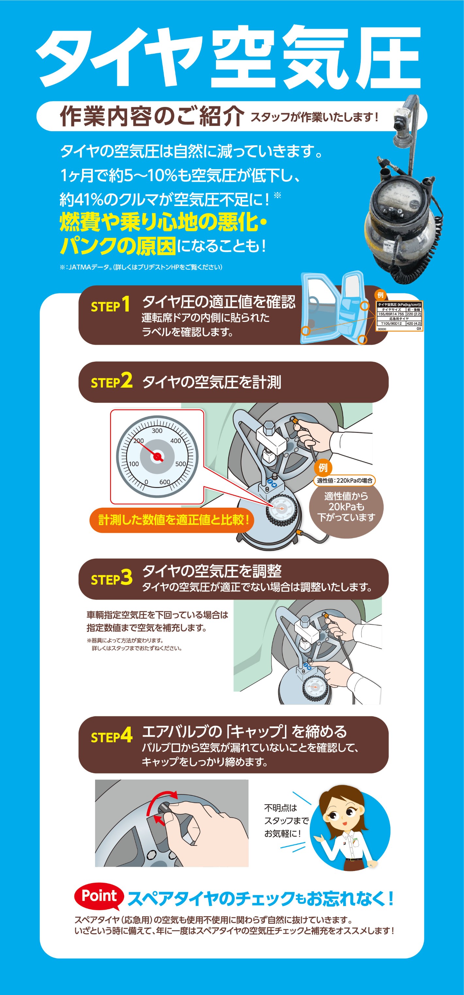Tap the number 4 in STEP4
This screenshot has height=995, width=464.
pyautogui.click(x=126, y=735)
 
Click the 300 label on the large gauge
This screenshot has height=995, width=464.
pyautogui.click(x=157, y=431)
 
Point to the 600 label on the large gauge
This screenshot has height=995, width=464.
pyautogui.click(x=164, y=482)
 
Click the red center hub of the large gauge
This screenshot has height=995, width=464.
pyautogui.click(x=157, y=457)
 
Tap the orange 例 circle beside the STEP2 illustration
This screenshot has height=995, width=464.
pyautogui.click(x=323, y=468)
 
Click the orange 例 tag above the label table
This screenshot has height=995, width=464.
pyautogui.click(x=381, y=295)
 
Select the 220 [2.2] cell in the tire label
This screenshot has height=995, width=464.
pyautogui.click(x=413, y=314)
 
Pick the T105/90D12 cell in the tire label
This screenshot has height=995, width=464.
pyautogui.click(x=391, y=323)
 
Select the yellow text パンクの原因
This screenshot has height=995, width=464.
pyautogui.click(x=118, y=246)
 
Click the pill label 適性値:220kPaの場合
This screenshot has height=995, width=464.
pyautogui.click(x=345, y=480)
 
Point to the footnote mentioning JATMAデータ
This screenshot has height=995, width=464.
pyautogui.click(x=141, y=267)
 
